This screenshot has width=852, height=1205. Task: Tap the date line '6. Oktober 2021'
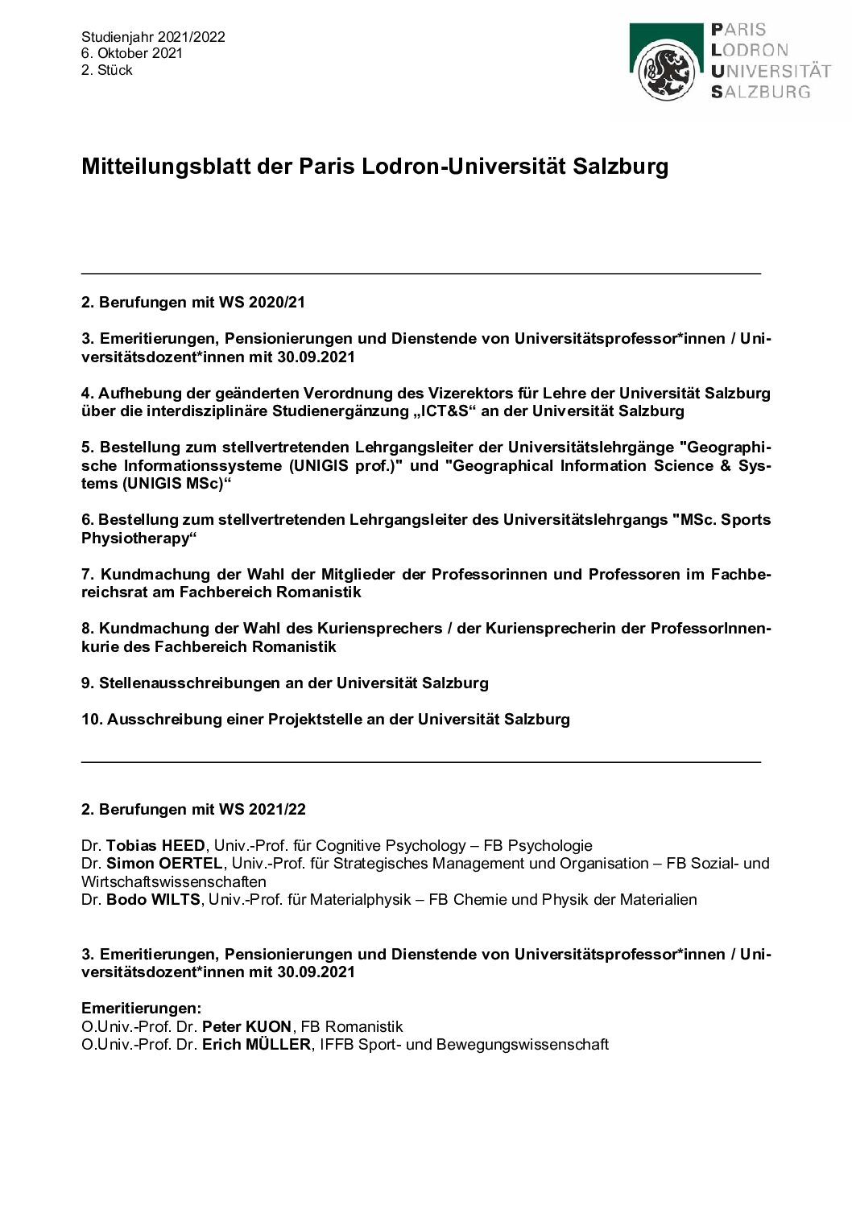coord(132,53)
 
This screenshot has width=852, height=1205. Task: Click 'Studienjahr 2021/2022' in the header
coord(153,36)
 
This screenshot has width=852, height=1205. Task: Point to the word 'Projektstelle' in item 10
coord(299,719)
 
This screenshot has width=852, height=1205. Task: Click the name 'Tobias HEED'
coord(158,845)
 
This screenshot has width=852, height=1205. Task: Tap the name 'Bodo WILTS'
coord(153,899)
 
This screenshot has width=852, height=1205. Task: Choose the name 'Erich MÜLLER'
coord(255,1045)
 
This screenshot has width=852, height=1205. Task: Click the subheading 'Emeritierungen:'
coord(141,1008)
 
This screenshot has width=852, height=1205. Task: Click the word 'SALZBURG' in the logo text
coord(761,92)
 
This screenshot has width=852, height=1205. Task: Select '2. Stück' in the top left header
coord(107,70)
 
